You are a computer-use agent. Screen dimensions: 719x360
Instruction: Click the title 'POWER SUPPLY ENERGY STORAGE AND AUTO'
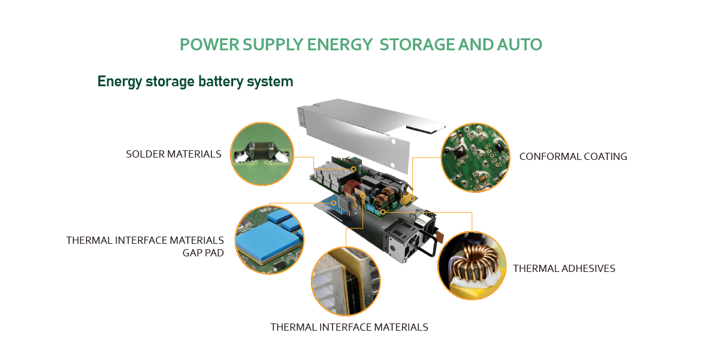tap(361, 44)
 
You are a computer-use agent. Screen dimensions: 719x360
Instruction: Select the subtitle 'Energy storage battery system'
tap(195, 81)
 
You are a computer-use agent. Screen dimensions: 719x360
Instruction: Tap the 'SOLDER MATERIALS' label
tap(174, 154)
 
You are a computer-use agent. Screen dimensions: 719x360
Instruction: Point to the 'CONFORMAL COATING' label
tap(573, 156)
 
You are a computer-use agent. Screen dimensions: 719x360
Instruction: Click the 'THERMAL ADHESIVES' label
tap(564, 268)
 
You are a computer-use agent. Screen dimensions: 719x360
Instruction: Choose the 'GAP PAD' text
tap(203, 253)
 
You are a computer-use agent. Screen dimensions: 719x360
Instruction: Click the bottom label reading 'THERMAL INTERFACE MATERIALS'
tap(349, 327)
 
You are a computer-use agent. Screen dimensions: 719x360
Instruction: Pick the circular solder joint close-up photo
tap(262, 154)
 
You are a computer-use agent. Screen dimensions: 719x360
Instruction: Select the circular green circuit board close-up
tap(475, 158)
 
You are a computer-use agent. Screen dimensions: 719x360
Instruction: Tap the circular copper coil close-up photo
tap(472, 266)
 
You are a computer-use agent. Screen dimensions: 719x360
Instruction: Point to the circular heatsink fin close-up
tap(346, 281)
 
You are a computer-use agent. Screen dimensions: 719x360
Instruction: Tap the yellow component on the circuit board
tap(407, 198)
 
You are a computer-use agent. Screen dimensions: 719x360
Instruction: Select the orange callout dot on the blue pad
tap(334, 203)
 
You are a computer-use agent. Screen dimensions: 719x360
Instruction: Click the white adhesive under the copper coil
tap(472, 283)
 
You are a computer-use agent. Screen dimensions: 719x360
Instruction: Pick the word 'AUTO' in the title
tap(519, 44)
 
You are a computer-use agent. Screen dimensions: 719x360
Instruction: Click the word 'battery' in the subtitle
tap(221, 81)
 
